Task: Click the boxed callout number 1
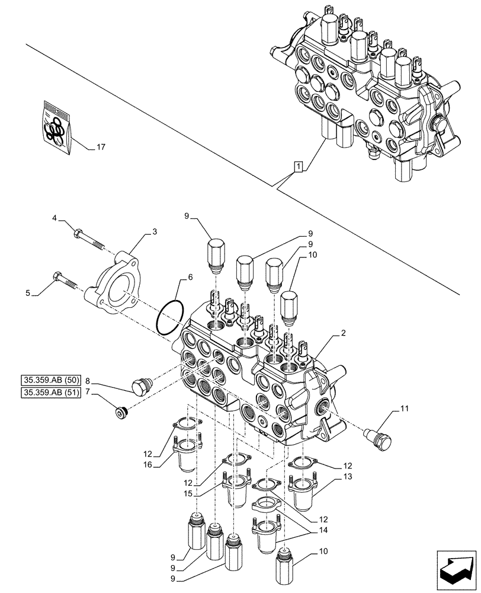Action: pos(300,167)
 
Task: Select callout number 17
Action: pos(101,148)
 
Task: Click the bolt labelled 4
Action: pos(88,238)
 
